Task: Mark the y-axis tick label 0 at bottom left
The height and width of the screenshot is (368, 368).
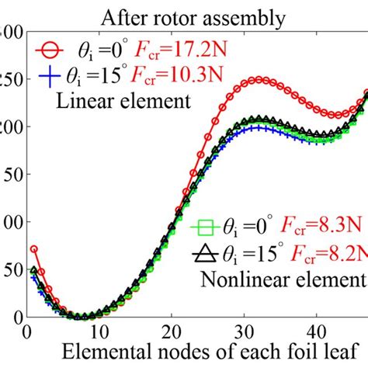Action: click(16, 317)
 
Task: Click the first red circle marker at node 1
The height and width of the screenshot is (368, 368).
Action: click(34, 249)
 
